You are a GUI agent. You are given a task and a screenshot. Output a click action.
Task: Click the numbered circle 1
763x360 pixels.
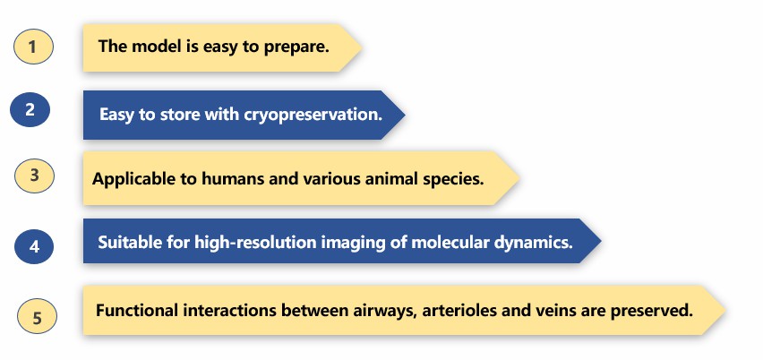point(33,47)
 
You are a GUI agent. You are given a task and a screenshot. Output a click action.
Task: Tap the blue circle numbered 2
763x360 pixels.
point(30,109)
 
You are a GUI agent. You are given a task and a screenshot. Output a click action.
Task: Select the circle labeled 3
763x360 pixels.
point(34,176)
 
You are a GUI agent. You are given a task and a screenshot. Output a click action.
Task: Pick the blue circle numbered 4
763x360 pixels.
point(34,246)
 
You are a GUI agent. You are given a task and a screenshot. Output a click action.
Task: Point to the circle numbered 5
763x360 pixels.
point(37,316)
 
